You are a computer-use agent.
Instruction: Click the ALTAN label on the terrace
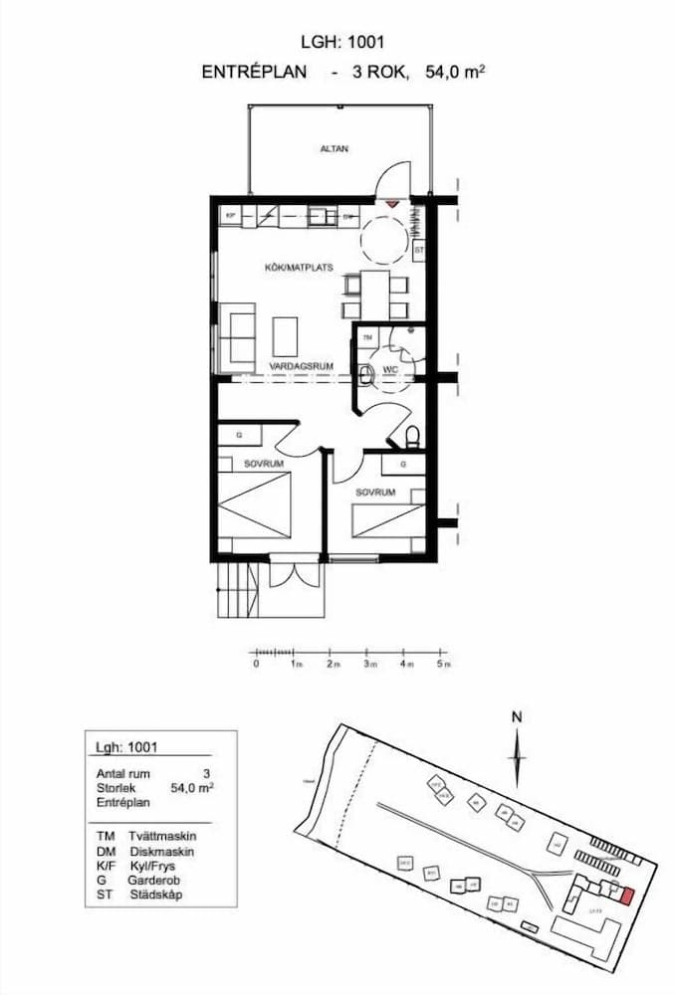[335, 149]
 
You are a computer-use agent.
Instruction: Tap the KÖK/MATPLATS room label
[298, 268]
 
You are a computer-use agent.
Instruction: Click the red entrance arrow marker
[393, 203]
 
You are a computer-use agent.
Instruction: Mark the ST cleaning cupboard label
[419, 250]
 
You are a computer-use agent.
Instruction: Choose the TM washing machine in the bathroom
[367, 338]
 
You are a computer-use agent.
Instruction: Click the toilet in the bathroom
[412, 436]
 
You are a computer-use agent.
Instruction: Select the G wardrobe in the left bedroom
[240, 435]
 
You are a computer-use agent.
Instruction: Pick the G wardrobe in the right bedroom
[402, 464]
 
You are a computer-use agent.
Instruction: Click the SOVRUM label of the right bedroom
[376, 493]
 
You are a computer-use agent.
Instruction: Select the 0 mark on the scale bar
[256, 663]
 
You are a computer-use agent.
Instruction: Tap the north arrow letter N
[517, 716]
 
